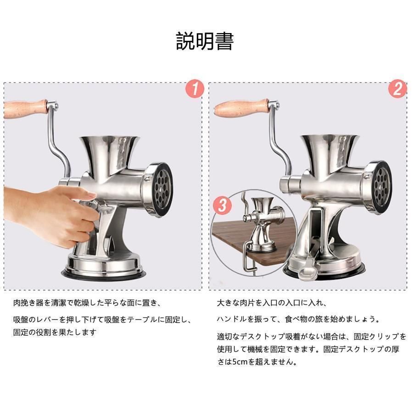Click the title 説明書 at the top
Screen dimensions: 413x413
point(205,41)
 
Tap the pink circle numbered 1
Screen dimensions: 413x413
point(195,89)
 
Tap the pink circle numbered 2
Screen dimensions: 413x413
point(398,89)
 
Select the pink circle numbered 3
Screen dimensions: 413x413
point(223,205)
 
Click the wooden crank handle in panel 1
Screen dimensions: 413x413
point(26,109)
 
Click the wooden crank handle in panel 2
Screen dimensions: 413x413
point(241,107)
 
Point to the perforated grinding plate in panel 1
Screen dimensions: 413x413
point(162,189)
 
